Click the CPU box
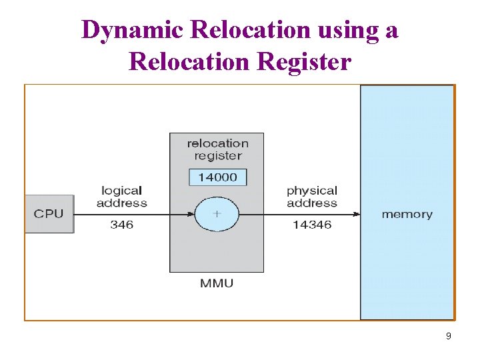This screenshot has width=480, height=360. coord(49,214)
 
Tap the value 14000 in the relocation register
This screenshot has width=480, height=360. coord(217,177)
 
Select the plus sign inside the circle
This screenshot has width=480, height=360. coord(217,214)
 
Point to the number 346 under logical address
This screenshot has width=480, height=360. coord(121,225)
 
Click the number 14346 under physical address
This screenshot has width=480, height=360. coord(311,225)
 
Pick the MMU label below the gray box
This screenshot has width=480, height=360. coord(217,283)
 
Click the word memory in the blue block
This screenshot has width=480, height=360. coord(407,214)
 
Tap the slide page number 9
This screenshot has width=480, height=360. coord(448,337)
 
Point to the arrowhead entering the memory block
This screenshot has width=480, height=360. coord(356,214)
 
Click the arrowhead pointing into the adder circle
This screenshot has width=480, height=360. coord(191,214)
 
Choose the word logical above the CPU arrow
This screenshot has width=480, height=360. coord(121,191)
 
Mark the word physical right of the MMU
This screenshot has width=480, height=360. coord(312,191)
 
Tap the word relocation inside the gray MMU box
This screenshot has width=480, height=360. coord(217,143)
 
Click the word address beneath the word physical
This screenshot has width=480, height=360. coord(312,203)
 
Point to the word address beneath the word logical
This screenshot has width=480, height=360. coord(121,203)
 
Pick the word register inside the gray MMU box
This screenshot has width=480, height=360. coord(217,155)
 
